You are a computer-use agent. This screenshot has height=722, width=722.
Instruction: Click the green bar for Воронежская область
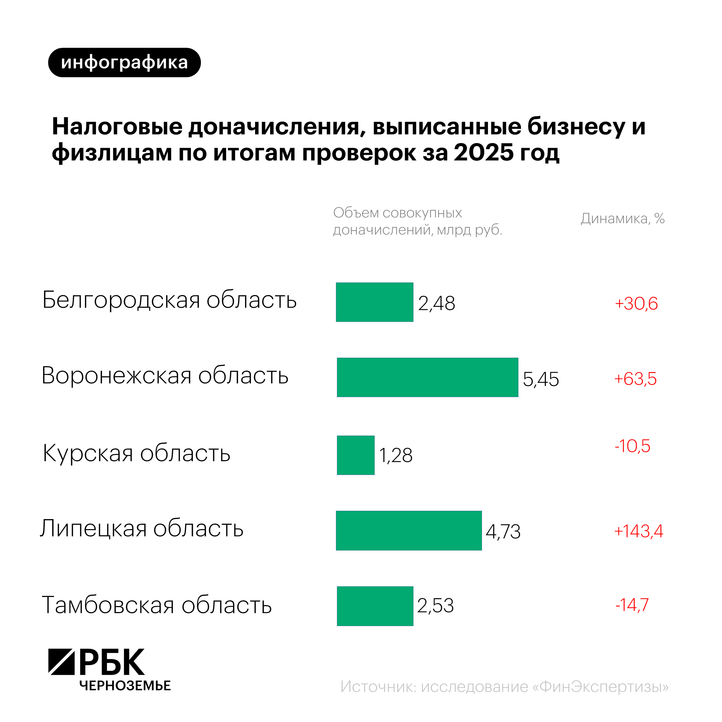(427, 377)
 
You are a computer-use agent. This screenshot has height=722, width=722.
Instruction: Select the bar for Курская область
(355, 455)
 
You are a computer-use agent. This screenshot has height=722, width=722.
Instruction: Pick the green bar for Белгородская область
(374, 302)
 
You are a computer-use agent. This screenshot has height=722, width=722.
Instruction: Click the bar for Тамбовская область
(375, 606)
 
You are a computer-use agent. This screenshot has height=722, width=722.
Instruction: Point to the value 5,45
(540, 379)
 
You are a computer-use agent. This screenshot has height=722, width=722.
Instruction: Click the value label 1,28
(395, 455)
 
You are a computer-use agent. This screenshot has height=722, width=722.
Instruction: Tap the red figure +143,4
(638, 531)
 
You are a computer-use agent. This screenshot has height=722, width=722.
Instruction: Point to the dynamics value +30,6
(636, 303)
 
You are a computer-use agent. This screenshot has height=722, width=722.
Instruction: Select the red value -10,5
(632, 446)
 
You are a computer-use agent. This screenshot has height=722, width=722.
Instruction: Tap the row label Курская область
(136, 453)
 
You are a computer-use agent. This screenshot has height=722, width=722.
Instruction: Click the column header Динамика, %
(623, 219)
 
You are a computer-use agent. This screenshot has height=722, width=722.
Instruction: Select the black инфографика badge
(124, 63)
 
